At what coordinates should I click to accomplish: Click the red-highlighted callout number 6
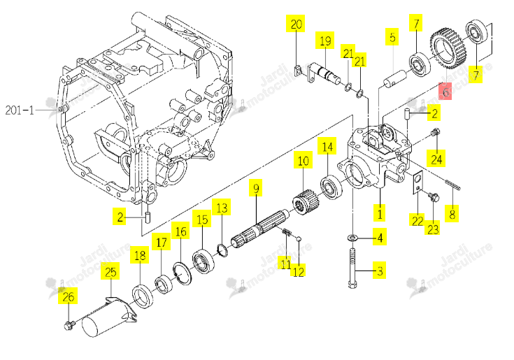point(445,92)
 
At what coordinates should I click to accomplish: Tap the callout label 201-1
point(20,110)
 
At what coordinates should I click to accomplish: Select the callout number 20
point(296,24)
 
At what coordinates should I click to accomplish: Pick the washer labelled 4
point(352,237)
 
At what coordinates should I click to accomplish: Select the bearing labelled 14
point(331,187)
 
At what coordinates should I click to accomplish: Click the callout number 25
point(110,272)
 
